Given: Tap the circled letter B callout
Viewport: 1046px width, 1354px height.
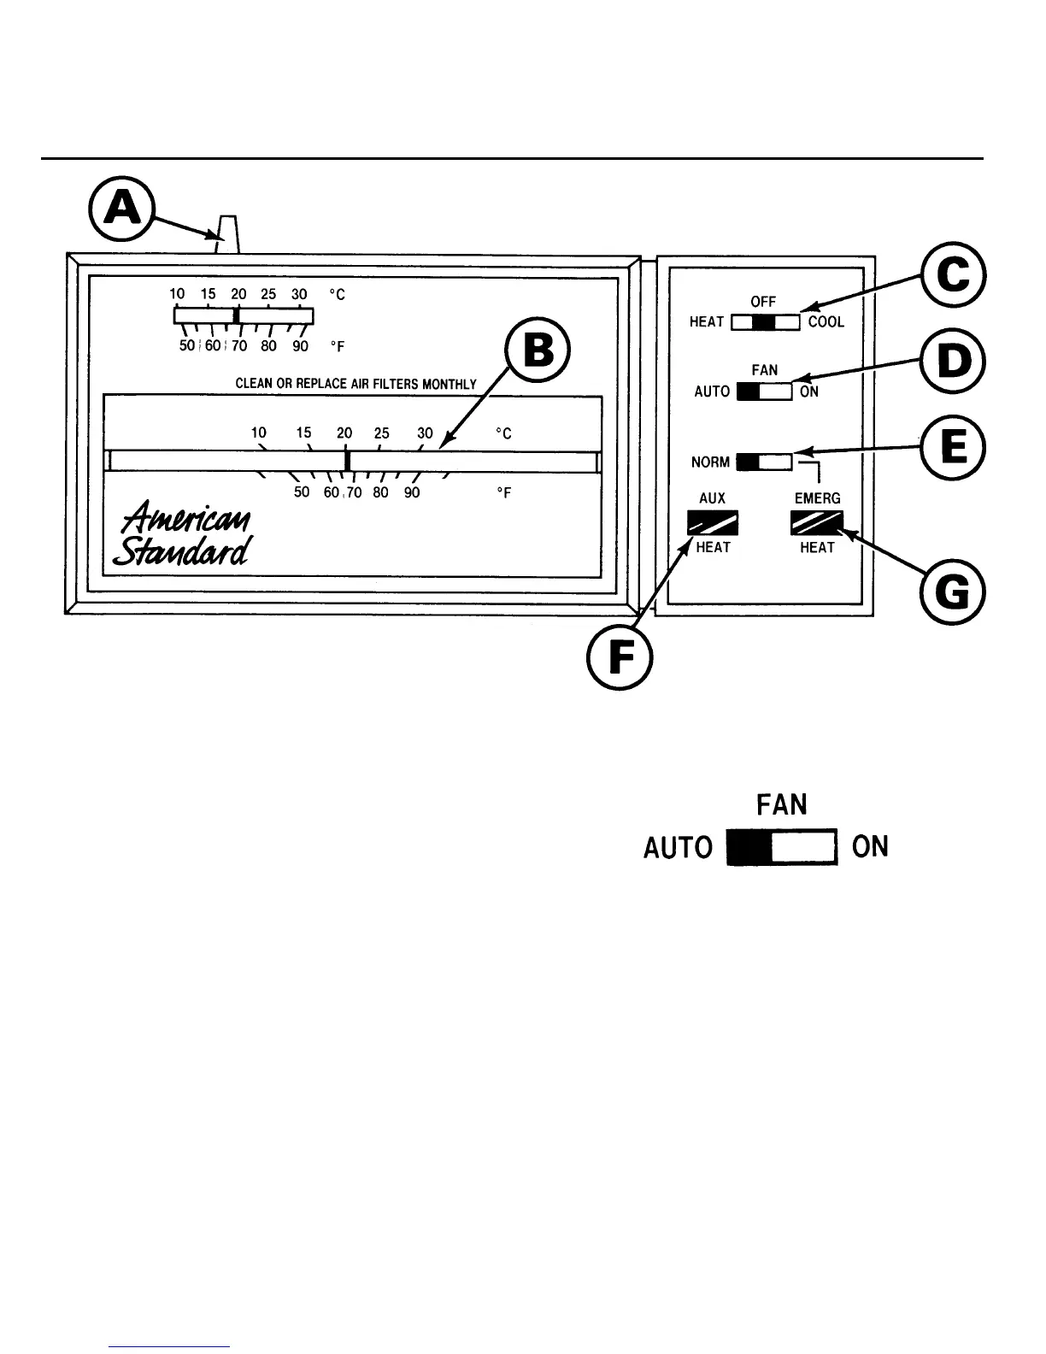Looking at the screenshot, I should [537, 352].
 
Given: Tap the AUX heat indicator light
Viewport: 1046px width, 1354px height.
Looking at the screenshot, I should [713, 521].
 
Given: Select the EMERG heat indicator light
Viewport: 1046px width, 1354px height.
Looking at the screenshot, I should [817, 521].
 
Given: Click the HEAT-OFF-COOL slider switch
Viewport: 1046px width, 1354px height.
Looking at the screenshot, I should [765, 322].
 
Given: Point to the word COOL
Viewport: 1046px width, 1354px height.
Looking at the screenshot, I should [826, 322].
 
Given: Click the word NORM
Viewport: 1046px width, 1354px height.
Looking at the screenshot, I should [710, 462].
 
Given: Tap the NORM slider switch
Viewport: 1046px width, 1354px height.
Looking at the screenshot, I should [764, 462].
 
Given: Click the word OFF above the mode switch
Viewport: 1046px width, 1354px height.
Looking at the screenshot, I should [763, 303].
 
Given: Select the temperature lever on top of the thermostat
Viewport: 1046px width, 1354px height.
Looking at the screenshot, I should [227, 235].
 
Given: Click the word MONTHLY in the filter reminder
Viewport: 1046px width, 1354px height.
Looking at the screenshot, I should [450, 384].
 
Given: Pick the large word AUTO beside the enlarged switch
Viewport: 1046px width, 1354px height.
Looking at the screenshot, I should [678, 848].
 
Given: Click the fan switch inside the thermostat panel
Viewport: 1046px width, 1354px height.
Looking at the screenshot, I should [764, 391].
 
